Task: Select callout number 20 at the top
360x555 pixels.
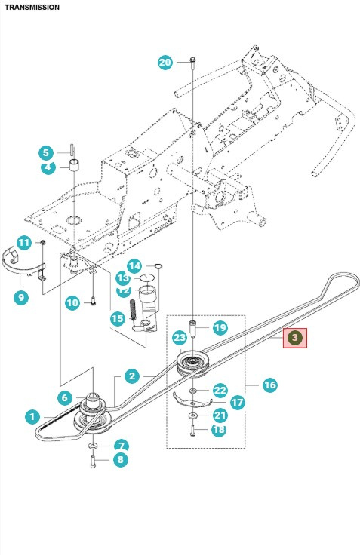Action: pos(165,62)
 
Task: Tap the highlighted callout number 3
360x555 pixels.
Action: pos(295,337)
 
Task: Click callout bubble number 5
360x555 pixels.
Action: pos(45,153)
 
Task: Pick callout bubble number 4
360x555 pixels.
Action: pos(48,167)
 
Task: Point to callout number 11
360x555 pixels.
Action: pos(23,243)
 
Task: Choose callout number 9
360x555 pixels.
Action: pos(20,297)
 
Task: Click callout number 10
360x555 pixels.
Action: pos(72,303)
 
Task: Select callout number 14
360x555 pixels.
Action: pos(134,265)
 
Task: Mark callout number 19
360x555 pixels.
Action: pos(220,327)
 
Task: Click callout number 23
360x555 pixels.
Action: pos(179,337)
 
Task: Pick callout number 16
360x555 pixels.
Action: pos(269,385)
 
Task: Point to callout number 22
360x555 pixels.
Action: pos(220,390)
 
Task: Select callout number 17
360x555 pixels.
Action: pos(238,403)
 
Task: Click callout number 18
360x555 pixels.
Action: pos(219,429)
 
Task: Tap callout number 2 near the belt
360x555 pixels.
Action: pos(131,376)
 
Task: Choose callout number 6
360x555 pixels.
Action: pos(64,398)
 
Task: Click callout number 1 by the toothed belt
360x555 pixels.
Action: pos(31,415)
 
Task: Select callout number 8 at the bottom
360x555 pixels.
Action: pos(121,459)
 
